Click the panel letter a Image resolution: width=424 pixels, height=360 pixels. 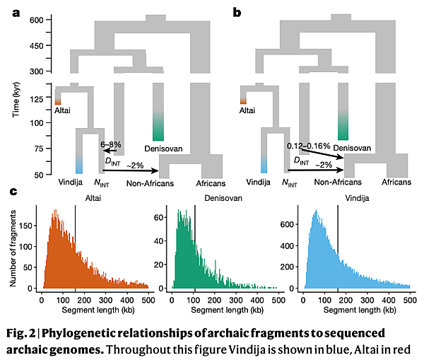pyautogui.click(x=14, y=12)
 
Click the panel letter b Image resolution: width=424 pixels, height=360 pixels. pyautogui.click(x=237, y=12)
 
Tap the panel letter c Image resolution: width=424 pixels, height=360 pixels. pyautogui.click(x=14, y=192)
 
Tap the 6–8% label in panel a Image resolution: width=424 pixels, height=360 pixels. pyautogui.click(x=112, y=144)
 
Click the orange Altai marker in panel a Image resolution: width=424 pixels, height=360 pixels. pyautogui.click(x=59, y=103)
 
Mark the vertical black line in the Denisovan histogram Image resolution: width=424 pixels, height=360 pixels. pyautogui.click(x=195, y=262)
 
